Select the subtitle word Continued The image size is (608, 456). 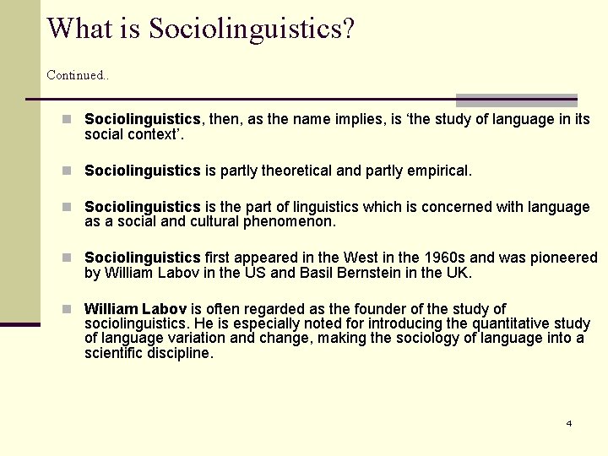pyautogui.click(x=77, y=75)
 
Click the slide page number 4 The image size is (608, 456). pyautogui.click(x=569, y=423)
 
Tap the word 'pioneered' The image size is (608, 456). pyautogui.click(x=565, y=258)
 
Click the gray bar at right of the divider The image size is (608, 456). pyautogui.click(x=517, y=100)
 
